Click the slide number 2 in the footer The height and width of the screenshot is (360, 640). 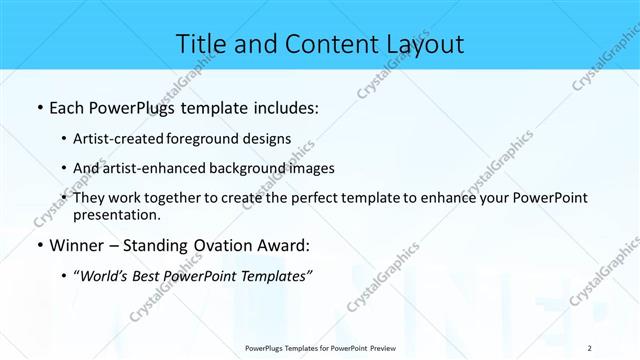(589, 348)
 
